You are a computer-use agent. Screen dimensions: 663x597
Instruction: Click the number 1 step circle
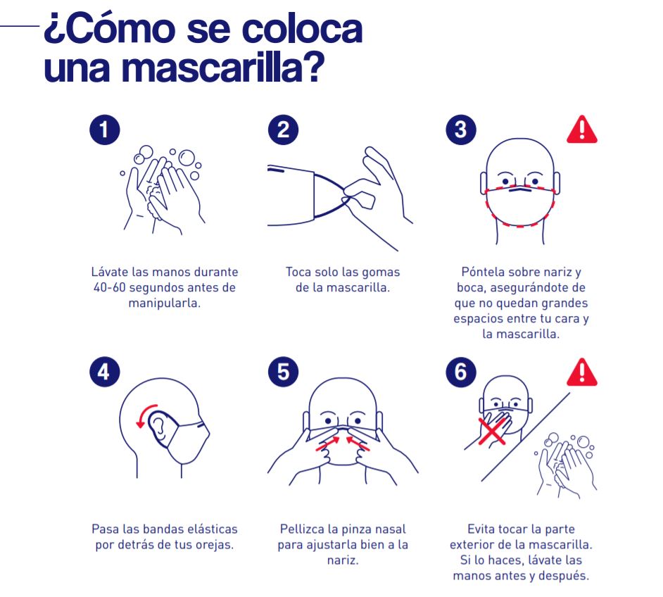click(104, 130)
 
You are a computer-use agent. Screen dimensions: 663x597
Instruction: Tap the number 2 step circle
click(284, 130)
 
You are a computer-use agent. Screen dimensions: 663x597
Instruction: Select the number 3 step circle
click(461, 130)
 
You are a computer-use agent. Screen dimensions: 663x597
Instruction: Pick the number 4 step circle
click(104, 372)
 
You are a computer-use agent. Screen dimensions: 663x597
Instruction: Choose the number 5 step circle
click(284, 372)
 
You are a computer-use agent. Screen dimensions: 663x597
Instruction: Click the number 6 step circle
click(461, 372)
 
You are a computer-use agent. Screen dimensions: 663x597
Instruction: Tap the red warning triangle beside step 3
click(582, 130)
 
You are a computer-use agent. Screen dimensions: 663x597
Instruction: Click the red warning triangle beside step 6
click(582, 373)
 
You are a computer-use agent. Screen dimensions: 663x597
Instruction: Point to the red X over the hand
click(492, 431)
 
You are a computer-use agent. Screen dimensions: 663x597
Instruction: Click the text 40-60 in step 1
click(110, 287)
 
